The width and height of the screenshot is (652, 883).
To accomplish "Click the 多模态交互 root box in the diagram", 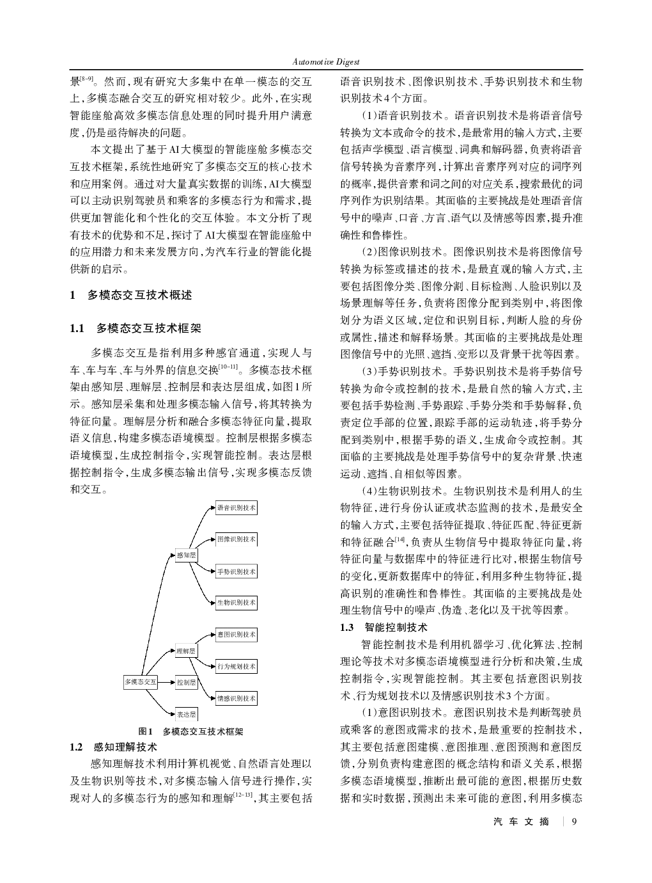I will coord(140,681).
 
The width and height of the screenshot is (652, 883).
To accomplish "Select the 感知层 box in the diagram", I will coord(186,555).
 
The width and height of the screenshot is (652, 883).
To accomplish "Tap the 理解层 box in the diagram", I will coord(186,651).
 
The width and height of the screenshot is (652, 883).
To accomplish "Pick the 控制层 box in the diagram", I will coord(186,682).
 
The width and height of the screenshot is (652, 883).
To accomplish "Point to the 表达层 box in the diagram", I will coord(186,714).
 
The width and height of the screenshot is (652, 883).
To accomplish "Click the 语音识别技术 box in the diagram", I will coord(236,508).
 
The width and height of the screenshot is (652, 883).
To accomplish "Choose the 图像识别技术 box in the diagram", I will coord(236,539).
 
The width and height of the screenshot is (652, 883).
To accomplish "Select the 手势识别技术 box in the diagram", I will coord(236,571).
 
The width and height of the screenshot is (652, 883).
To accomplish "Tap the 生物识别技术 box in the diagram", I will coord(236,602).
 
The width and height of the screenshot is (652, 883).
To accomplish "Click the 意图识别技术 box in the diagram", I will coord(236,634).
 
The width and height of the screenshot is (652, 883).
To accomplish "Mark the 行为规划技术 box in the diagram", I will coord(236,666).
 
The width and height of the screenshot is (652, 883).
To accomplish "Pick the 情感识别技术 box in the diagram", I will coord(236,697).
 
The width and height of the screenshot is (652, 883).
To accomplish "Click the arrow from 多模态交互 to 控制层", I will coord(166,682).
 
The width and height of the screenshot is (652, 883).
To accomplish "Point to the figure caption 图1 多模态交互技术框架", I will coord(191,731).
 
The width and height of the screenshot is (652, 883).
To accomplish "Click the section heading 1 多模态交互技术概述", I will coord(130,295).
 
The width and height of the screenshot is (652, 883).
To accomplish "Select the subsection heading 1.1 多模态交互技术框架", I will coord(135,329).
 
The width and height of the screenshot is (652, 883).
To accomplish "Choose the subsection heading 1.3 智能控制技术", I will coord(384,627).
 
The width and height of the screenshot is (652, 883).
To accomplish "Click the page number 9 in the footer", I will coord(574,822).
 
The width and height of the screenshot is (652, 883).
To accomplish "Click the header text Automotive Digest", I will coord(325,62).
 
